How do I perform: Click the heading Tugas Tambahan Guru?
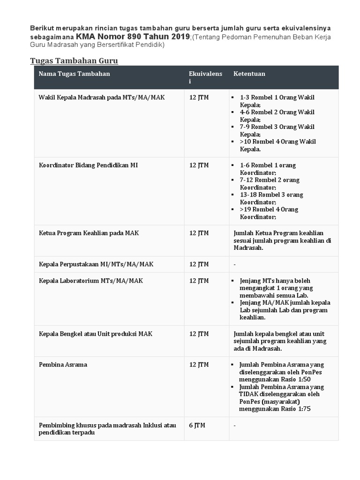(x=74, y=61)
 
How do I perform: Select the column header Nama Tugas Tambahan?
(x=74, y=74)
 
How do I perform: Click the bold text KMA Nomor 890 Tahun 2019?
(x=133, y=37)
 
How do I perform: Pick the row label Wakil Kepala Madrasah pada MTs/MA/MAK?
(x=102, y=97)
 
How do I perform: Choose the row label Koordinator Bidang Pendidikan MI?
(x=88, y=165)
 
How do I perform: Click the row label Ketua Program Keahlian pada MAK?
(x=89, y=233)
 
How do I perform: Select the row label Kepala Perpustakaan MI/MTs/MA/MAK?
(x=96, y=264)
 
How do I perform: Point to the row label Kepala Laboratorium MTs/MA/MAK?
(x=91, y=281)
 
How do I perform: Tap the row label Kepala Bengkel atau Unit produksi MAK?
(x=96, y=334)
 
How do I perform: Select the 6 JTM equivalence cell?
(x=197, y=426)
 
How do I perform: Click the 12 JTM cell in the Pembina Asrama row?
(x=199, y=365)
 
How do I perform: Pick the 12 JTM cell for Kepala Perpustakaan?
(x=199, y=264)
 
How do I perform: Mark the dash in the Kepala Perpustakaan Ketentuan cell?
(x=234, y=265)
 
